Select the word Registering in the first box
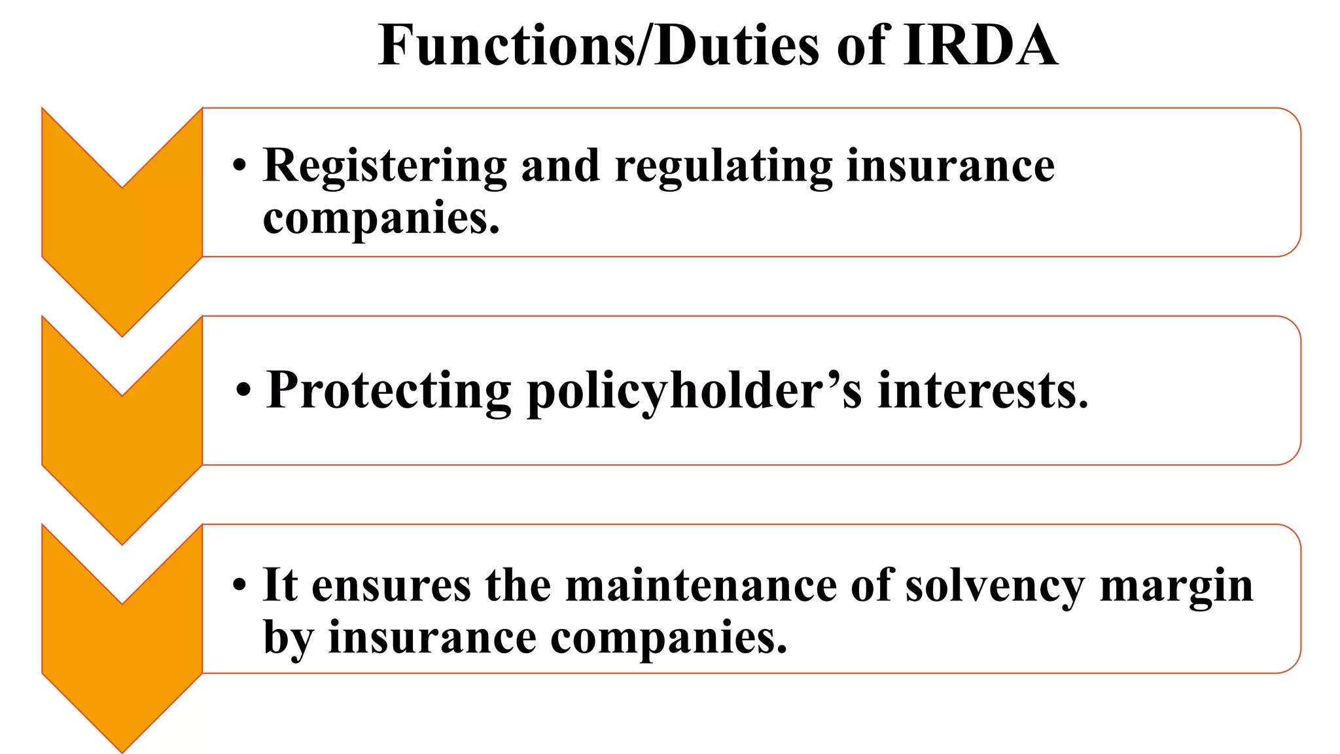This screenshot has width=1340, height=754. [385, 166]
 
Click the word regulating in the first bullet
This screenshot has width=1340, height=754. [724, 166]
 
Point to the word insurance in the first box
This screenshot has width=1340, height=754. [950, 166]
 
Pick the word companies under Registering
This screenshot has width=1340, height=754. [381, 219]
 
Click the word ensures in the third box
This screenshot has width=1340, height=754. [391, 585]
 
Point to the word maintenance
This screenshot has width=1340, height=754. [701, 585]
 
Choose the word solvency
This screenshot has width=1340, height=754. [995, 586]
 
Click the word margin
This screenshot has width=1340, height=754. [1176, 586]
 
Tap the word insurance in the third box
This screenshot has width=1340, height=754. [432, 637]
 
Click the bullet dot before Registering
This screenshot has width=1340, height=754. [239, 166]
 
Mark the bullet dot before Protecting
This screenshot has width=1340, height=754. [243, 391]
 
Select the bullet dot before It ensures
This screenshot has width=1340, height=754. [239, 585]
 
